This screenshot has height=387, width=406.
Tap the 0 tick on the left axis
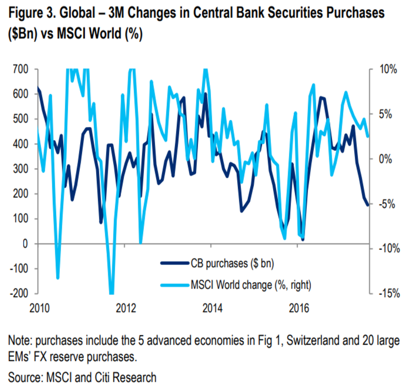click(x=25, y=244)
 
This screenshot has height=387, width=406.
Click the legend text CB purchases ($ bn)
click(x=232, y=264)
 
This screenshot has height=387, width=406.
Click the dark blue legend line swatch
click(x=174, y=264)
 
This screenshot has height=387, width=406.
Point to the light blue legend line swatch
click(x=174, y=285)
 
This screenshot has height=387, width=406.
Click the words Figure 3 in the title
click(x=30, y=13)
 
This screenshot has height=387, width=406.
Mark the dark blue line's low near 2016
click(x=303, y=239)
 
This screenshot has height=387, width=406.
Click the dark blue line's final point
click(x=368, y=205)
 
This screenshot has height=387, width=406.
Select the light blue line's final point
click(x=368, y=136)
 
